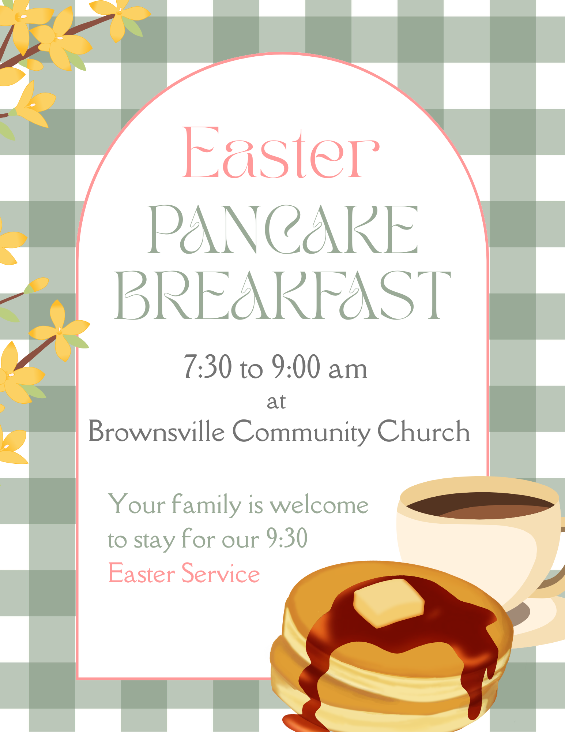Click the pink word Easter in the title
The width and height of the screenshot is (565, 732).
[x=280, y=152]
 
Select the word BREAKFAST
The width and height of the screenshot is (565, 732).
[x=282, y=295]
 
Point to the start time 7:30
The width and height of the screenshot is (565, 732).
[x=207, y=366]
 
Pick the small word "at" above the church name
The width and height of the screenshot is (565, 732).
[x=276, y=402]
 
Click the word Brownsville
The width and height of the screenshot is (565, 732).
[x=157, y=431]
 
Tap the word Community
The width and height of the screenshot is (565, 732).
[x=301, y=432]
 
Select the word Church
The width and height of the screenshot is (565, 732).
[x=423, y=431]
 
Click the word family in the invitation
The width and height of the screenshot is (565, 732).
[x=206, y=504]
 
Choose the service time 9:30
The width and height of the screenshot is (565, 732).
[x=287, y=538]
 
